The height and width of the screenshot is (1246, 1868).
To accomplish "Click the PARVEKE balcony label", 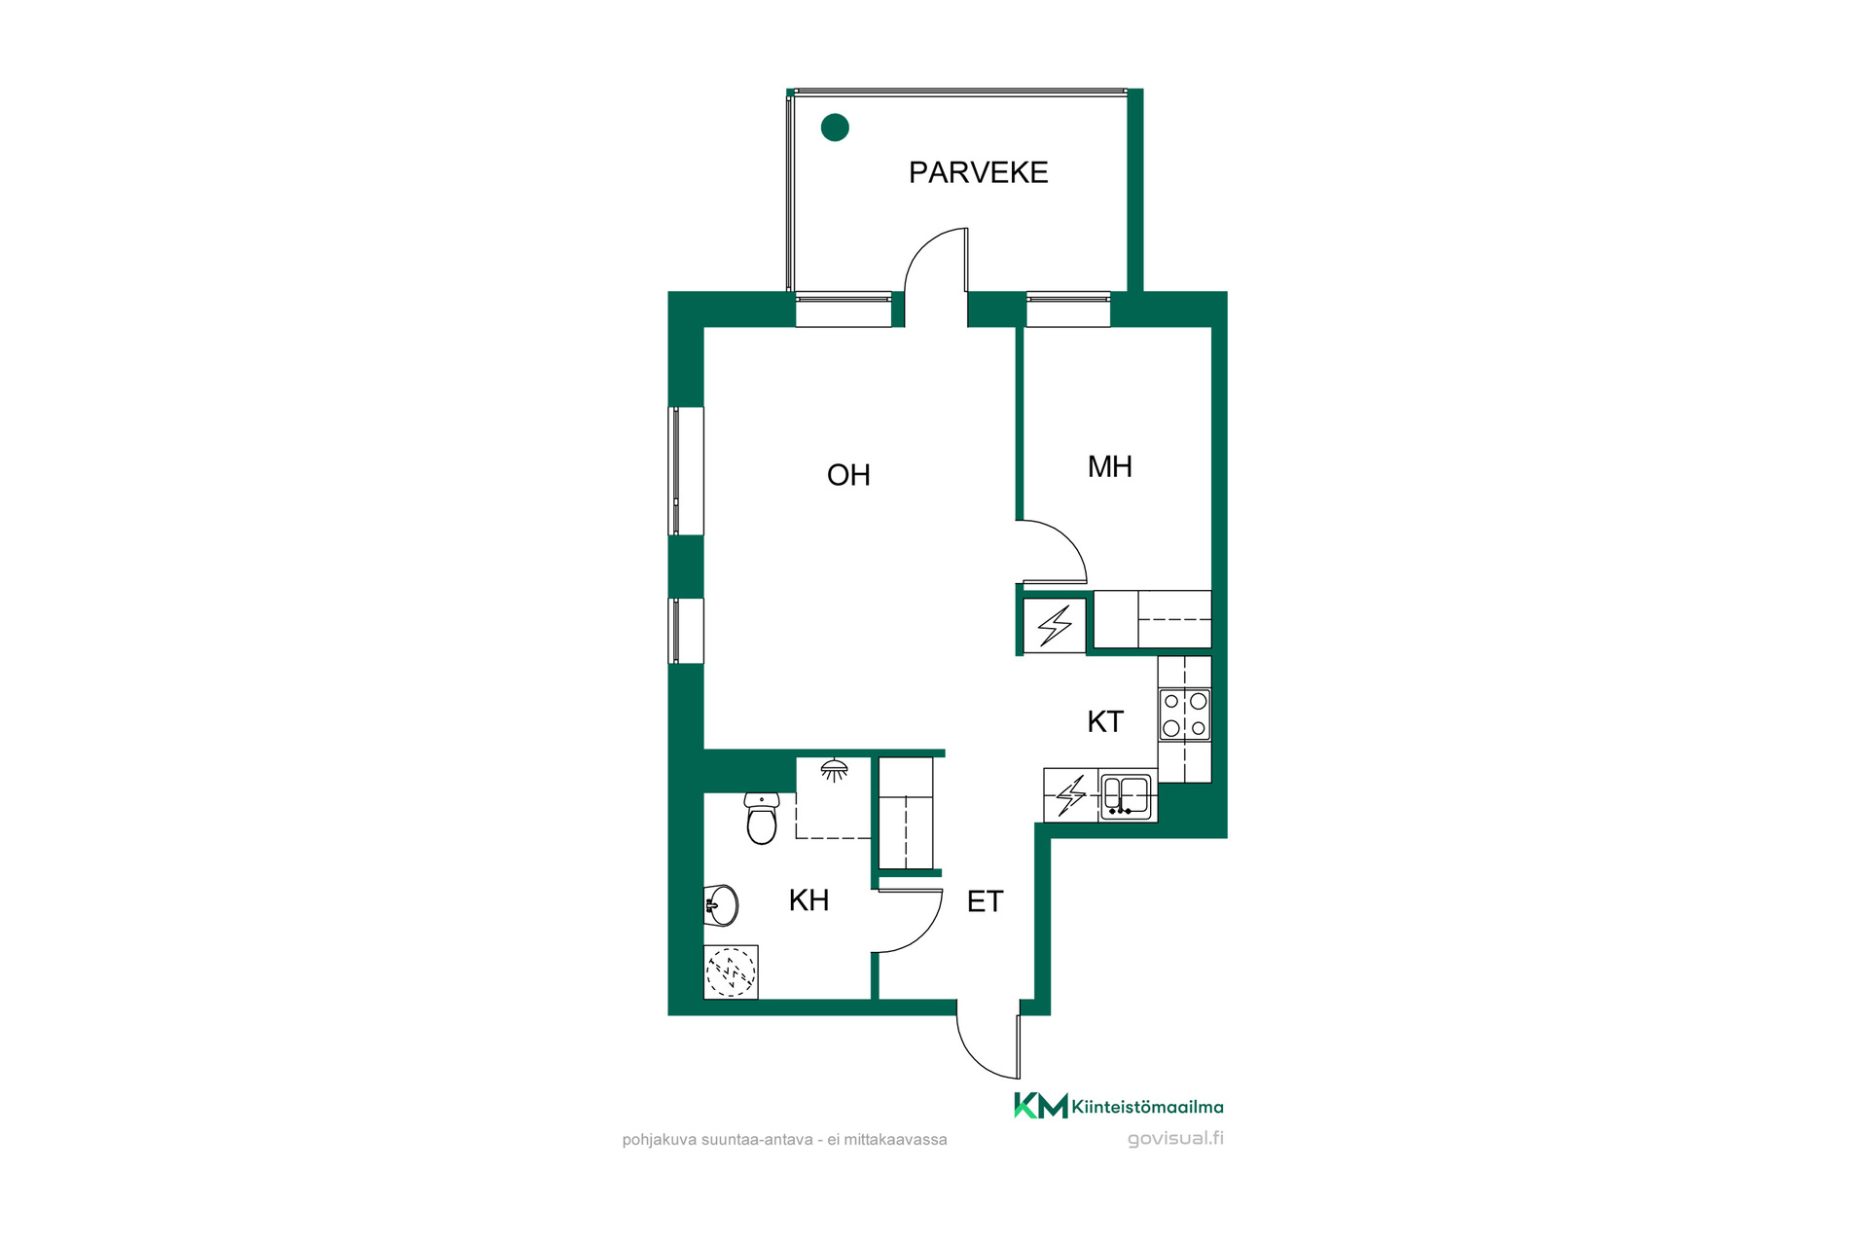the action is tap(978, 172).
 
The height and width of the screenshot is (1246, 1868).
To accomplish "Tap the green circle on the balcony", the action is tap(835, 128).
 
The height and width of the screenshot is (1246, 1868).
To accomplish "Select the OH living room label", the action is tap(848, 475).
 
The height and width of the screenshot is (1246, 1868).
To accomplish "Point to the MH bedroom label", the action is tap(1110, 467).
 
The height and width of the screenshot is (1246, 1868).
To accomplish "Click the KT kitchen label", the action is tap(1105, 721).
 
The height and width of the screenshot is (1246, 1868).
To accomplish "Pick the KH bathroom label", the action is tap(808, 900).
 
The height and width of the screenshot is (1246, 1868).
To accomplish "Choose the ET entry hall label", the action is tap(985, 901).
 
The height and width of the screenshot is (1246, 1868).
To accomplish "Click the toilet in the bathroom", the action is tap(762, 818).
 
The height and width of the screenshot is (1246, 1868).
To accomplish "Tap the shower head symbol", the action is tap(834, 770).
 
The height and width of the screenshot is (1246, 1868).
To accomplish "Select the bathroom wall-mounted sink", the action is tap(721, 905).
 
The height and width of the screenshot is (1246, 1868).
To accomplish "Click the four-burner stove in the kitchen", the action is tap(1185, 715).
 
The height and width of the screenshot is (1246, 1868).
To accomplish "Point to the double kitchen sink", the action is tap(1126, 795).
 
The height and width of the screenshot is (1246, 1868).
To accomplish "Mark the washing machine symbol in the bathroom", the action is tap(731, 971).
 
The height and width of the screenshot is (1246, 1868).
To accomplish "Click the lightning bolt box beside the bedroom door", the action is tap(1055, 625).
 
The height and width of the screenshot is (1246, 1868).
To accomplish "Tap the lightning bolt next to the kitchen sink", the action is tap(1071, 795).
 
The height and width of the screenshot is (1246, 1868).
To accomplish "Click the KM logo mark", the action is tap(1040, 1106).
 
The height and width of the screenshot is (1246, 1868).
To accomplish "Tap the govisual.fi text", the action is tap(1175, 1139).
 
